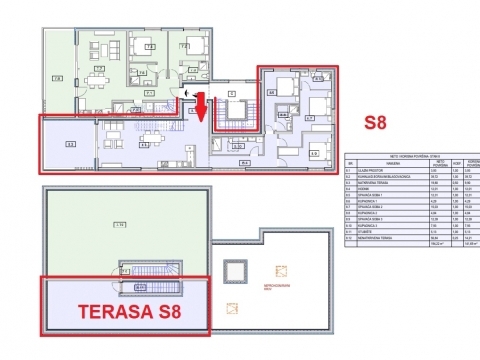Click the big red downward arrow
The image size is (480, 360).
200,108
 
